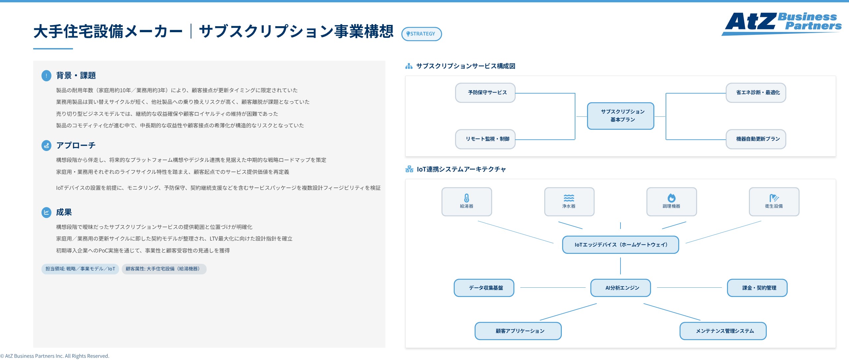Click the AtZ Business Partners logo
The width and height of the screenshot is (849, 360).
[781, 23]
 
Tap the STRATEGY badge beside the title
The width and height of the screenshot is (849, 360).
[422, 34]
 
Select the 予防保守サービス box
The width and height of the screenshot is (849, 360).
[485, 93]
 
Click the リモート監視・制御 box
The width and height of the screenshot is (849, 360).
[485, 139]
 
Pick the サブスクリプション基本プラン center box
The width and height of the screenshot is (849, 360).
[620, 116]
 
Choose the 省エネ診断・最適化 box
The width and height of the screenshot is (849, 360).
[756, 93]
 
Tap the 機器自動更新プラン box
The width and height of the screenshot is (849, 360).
[756, 139]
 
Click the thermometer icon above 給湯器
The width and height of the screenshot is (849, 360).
[467, 198]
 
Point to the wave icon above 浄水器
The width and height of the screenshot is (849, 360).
[569, 198]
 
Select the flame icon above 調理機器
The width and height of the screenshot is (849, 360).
[672, 198]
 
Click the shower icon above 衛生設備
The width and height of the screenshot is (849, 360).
[774, 198]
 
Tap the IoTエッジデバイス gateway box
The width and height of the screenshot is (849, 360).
[620, 245]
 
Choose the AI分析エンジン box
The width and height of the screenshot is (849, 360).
[620, 288]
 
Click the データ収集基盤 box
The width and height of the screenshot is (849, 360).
[484, 288]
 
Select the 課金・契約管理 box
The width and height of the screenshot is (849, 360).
[757, 288]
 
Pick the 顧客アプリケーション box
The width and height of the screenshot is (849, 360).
[518, 331]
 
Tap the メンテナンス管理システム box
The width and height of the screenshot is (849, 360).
[723, 331]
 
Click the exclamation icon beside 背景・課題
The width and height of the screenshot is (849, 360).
[46, 76]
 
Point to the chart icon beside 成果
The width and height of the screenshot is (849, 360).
[46, 212]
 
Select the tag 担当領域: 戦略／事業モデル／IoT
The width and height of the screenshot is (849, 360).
[80, 269]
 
